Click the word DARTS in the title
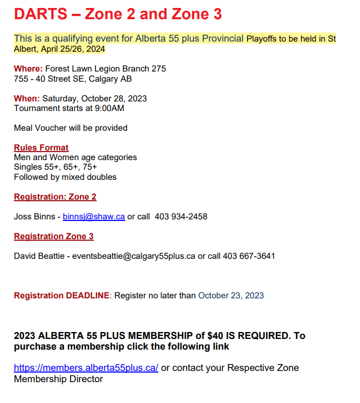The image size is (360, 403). (37, 14)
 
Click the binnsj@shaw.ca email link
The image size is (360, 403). (94, 217)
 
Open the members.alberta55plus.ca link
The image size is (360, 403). (86, 368)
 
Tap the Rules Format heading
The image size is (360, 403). (41, 148)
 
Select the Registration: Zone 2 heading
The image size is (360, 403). (55, 197)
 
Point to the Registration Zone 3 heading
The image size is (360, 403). (54, 236)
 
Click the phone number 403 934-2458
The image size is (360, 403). (181, 217)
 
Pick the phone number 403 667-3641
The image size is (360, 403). (249, 256)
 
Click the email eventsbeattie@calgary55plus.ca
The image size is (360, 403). (134, 256)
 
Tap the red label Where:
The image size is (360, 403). (28, 69)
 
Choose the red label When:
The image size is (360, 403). (27, 99)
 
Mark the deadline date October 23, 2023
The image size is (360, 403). (231, 296)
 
